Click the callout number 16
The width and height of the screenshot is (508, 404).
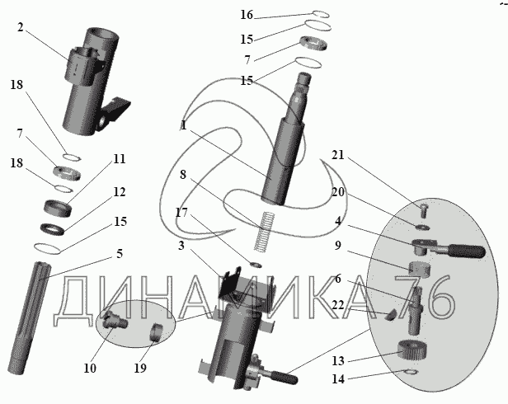[x=247, y=15]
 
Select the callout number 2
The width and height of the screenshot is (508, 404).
[x=19, y=27]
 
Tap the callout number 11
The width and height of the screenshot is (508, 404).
[x=120, y=158]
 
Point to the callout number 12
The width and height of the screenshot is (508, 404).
[x=120, y=192]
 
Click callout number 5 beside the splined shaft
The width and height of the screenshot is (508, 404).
[x=120, y=254]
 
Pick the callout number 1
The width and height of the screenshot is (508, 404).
[x=183, y=126]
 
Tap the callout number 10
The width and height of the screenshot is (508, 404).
[x=90, y=368]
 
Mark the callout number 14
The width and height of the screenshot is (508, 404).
[x=336, y=378]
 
